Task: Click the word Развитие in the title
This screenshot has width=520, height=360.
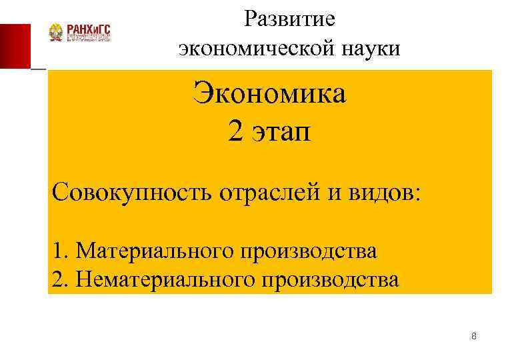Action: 289,19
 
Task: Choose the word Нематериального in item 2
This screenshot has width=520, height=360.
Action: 163,279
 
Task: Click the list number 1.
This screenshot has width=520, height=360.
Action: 61,251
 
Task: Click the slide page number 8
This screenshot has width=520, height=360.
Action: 473,336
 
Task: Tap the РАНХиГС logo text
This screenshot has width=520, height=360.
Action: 88,29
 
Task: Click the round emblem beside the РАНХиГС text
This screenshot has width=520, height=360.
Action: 56,33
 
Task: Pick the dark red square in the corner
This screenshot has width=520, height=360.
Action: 15,46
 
